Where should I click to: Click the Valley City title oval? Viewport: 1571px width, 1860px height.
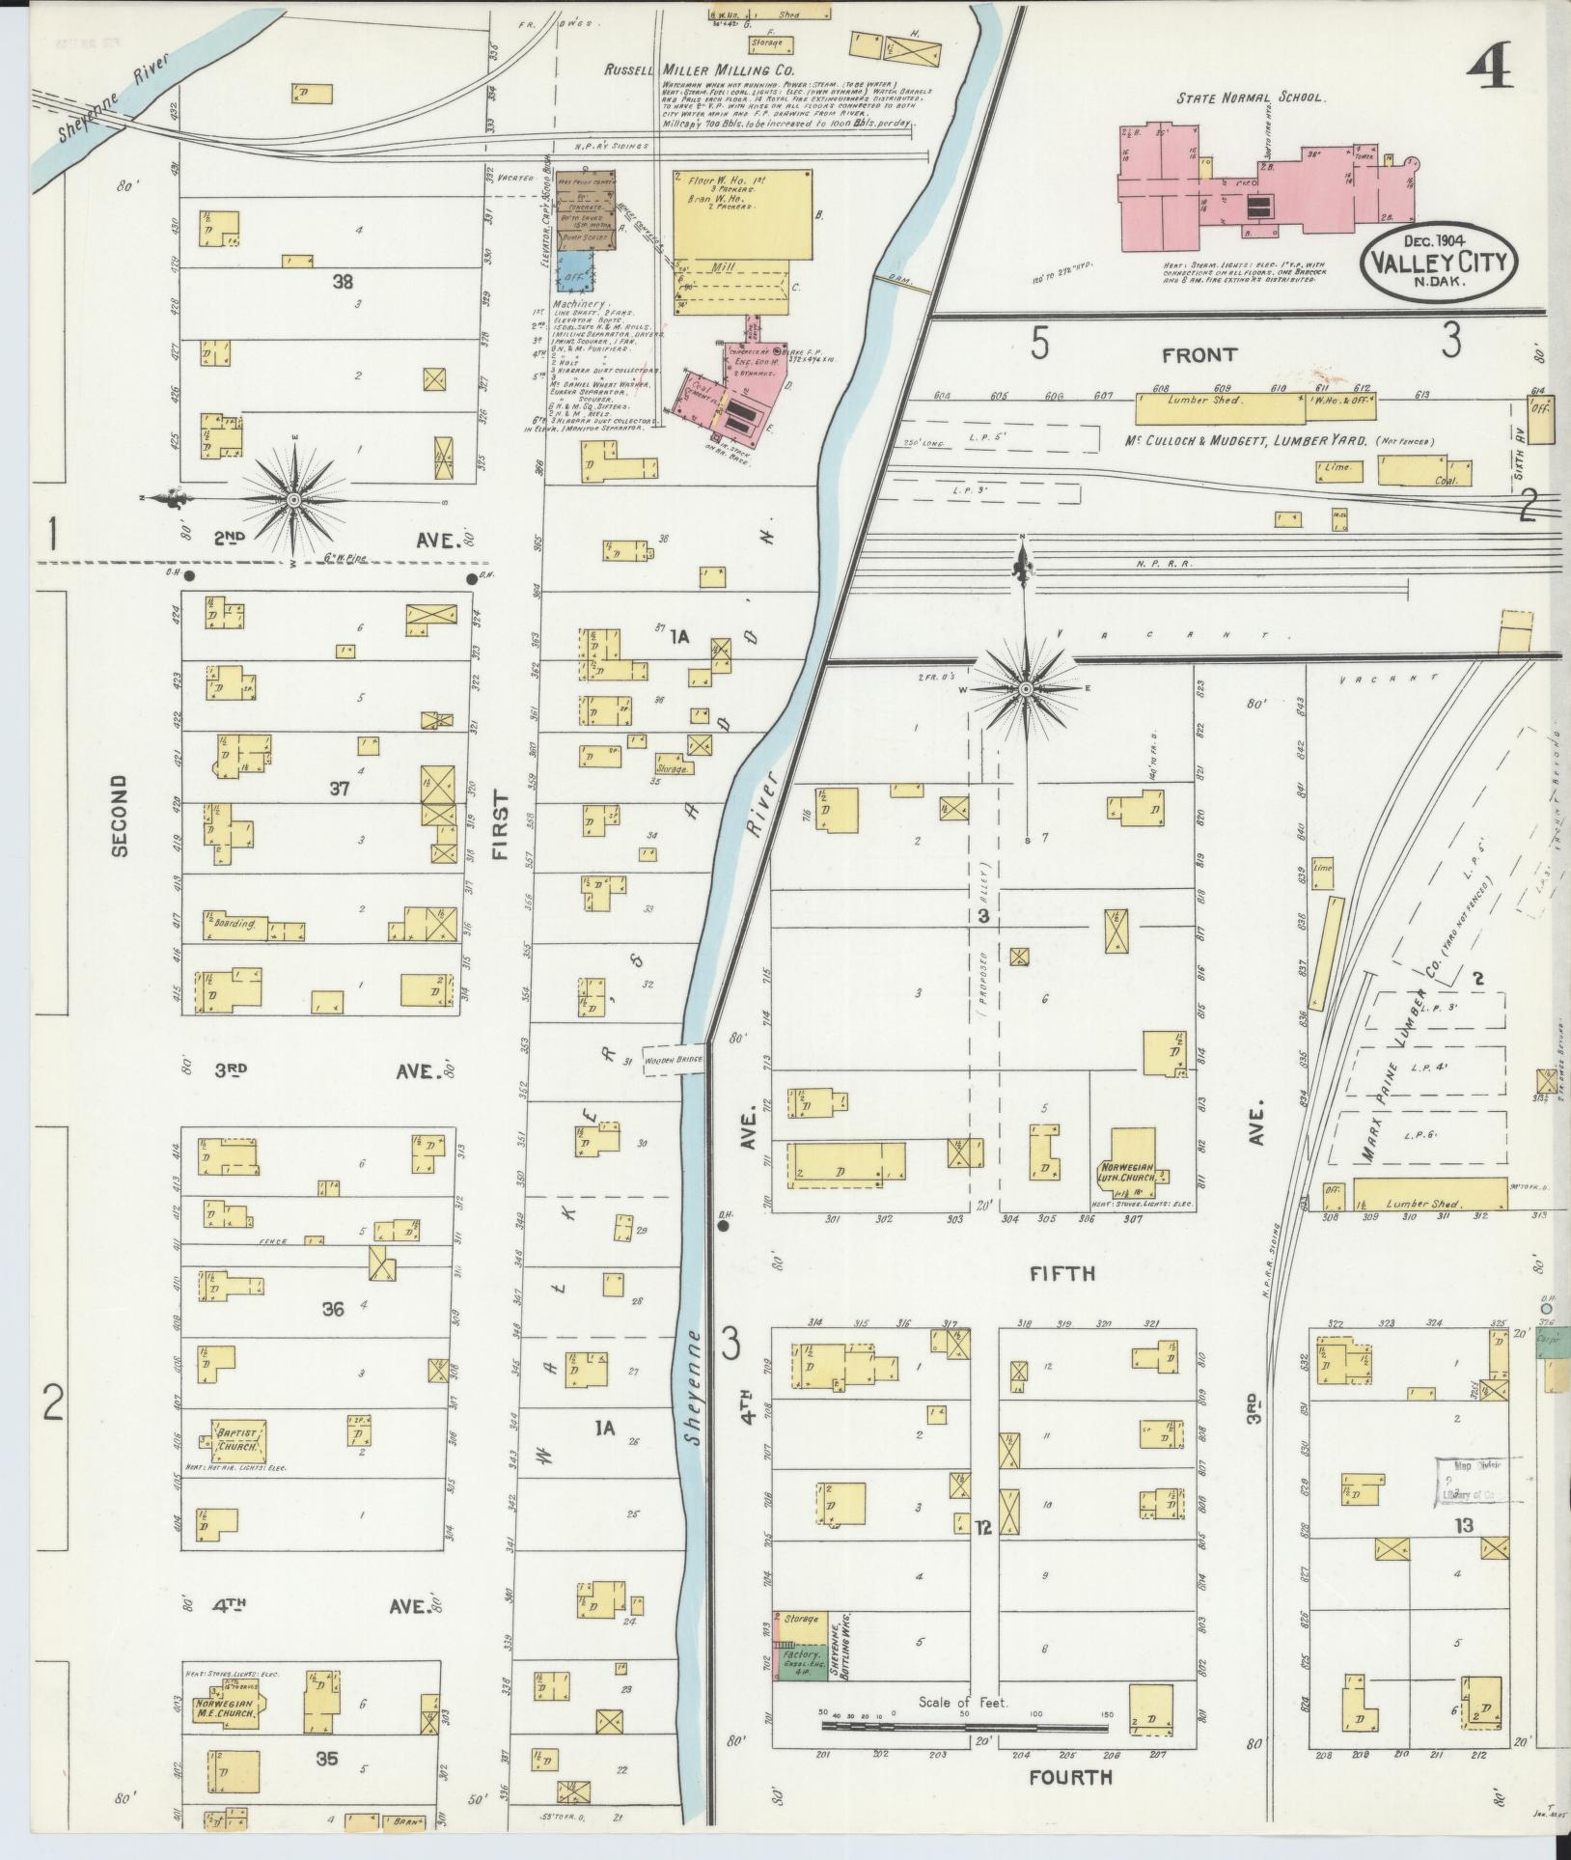point(1439,259)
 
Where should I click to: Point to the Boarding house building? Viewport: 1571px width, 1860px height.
point(233,922)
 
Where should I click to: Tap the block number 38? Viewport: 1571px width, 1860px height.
point(343,282)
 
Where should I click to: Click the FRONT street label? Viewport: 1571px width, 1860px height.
point(1199,354)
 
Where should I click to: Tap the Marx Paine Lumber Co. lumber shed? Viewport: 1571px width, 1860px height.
point(1428,1194)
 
